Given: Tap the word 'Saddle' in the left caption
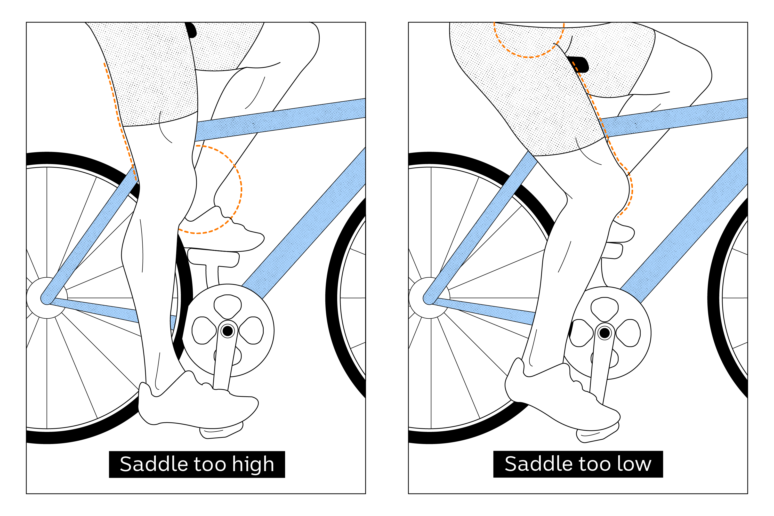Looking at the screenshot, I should pyautogui.click(x=154, y=464).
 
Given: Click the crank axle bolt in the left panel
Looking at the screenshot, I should pyautogui.click(x=228, y=331).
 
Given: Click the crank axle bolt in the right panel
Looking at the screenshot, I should pyautogui.click(x=604, y=333).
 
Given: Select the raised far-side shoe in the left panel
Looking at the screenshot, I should pyautogui.click(x=227, y=234).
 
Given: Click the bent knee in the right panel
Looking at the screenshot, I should pyautogui.click(x=619, y=188).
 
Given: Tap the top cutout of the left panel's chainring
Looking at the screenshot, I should pyautogui.click(x=228, y=306).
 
